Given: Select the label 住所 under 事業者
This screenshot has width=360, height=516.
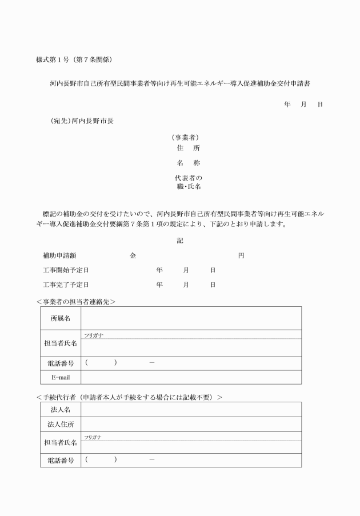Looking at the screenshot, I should pos(188,148).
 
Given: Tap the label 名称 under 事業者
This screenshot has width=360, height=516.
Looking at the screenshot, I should pos(188,163).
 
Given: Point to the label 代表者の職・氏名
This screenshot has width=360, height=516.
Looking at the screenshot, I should pos(188,182).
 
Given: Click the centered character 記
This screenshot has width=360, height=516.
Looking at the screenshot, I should pos(180,241).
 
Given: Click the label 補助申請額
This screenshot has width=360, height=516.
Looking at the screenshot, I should pos(60,255).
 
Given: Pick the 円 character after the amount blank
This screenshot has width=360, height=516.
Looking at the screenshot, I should pos(241,255).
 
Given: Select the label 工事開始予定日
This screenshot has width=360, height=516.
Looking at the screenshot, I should pos(66,269).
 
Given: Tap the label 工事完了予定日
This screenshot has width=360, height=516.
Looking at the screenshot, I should pos(66,284).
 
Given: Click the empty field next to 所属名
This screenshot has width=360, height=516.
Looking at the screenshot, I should pos(191,318).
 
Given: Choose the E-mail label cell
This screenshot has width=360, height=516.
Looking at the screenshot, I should pos(60,377).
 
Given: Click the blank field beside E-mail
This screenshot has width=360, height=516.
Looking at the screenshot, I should pos(191,377).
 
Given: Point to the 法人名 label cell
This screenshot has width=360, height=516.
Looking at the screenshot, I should pos(60,410).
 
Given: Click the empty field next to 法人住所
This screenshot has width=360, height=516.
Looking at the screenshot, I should pos(191,424).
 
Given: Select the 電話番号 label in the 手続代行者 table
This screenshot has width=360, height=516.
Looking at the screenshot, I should pos(60,460).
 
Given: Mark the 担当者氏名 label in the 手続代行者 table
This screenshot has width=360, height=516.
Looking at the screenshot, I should pos(60,442).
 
